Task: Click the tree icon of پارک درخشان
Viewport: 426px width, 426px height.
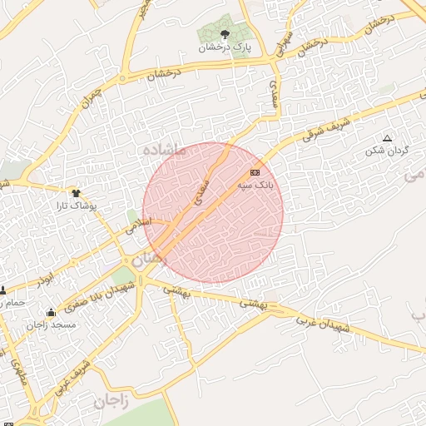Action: (225, 34)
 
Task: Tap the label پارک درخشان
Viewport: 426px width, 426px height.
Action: (225, 47)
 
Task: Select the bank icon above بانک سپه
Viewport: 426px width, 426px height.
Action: (255, 172)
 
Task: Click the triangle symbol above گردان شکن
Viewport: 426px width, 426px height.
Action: (386, 138)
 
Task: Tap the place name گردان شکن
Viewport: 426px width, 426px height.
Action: (384, 151)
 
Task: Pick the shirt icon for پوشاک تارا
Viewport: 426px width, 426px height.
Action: (76, 192)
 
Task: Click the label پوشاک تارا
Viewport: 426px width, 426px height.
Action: (98, 205)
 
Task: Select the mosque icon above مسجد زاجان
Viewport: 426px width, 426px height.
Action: (52, 313)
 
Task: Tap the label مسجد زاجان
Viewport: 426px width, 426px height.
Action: (51, 325)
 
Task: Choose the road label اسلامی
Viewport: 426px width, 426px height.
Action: (139, 225)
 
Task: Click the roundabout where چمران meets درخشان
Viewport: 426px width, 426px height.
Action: (123, 79)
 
